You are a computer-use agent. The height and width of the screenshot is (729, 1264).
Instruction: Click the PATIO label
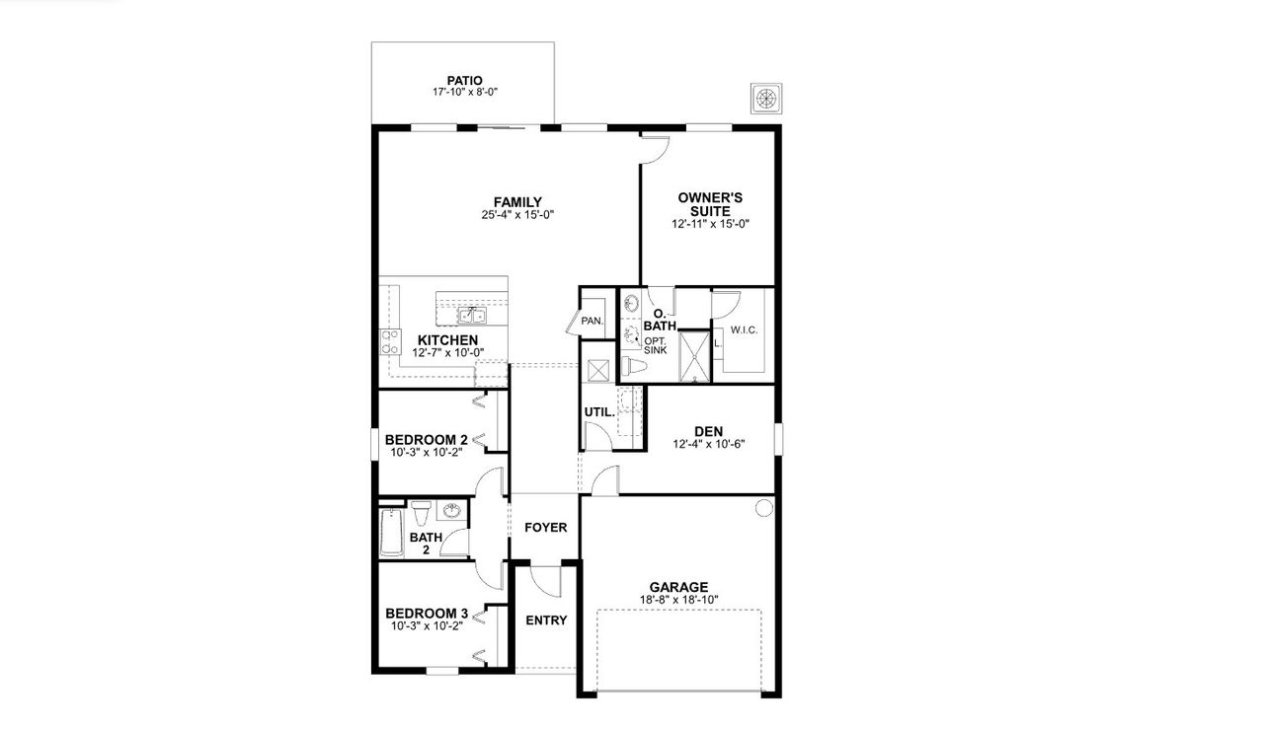tap(463, 81)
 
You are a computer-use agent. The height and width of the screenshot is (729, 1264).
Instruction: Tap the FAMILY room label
tap(517, 203)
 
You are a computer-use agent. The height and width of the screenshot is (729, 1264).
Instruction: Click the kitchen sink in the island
tap(472, 316)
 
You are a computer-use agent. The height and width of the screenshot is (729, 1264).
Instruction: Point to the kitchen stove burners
tap(388, 341)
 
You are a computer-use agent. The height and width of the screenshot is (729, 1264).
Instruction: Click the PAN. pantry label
tap(592, 322)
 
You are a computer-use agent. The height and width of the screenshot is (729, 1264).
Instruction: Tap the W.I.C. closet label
tap(744, 330)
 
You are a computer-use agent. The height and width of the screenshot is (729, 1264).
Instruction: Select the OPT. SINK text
tap(656, 345)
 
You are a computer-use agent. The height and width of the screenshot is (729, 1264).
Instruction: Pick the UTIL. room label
tap(598, 411)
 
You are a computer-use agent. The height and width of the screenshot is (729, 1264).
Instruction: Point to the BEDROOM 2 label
tap(426, 440)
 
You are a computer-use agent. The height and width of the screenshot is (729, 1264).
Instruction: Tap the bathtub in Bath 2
tap(390, 533)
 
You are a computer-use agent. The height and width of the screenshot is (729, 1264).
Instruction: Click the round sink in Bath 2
tap(452, 512)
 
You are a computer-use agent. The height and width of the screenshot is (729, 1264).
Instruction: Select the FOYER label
tap(545, 528)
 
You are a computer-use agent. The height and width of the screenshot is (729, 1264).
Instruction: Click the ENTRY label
tap(546, 620)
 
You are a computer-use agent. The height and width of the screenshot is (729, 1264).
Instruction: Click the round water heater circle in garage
tap(763, 509)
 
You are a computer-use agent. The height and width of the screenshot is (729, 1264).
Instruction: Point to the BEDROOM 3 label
tap(426, 613)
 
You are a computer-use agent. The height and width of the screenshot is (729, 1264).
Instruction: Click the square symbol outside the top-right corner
tap(766, 97)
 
